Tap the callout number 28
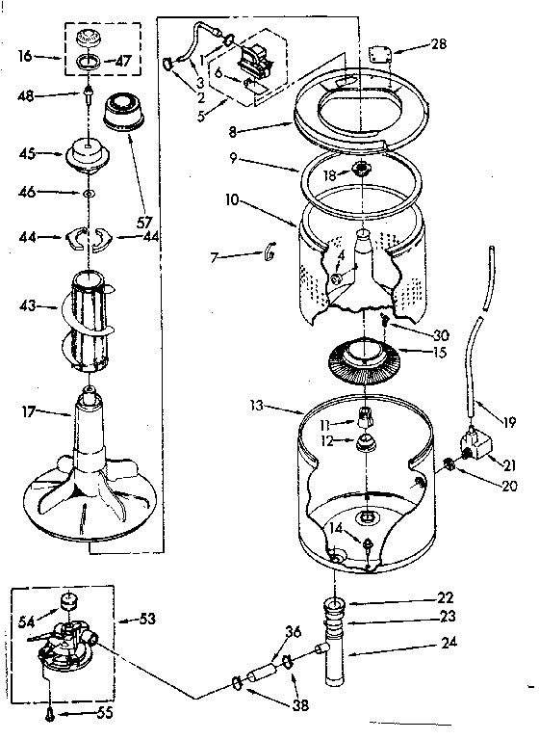coord(438,44)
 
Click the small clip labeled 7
coord(269,252)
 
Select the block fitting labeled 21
coord(477,446)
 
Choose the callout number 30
coord(441,334)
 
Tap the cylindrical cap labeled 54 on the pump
coord(68,603)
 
